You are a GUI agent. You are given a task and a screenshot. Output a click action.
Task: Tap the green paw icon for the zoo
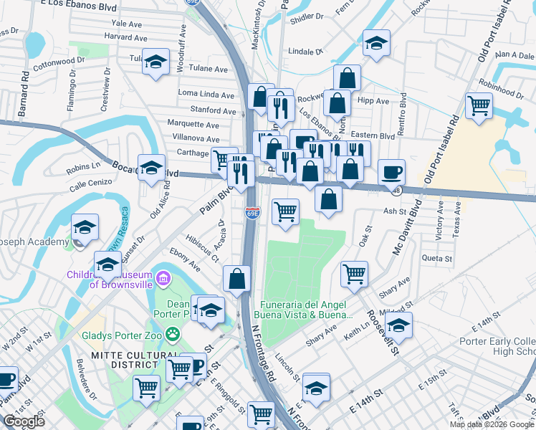tap(172, 333)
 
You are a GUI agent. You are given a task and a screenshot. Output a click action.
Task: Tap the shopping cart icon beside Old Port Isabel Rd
tap(478, 105)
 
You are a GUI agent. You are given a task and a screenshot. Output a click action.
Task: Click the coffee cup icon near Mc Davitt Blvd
tap(391, 171)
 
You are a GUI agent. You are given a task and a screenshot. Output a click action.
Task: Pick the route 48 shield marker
tap(396, 191)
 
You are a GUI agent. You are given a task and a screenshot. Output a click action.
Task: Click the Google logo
tap(24, 421)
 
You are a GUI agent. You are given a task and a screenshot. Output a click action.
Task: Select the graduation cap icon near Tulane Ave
tap(155, 62)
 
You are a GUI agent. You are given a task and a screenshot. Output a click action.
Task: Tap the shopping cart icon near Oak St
tap(354, 272)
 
